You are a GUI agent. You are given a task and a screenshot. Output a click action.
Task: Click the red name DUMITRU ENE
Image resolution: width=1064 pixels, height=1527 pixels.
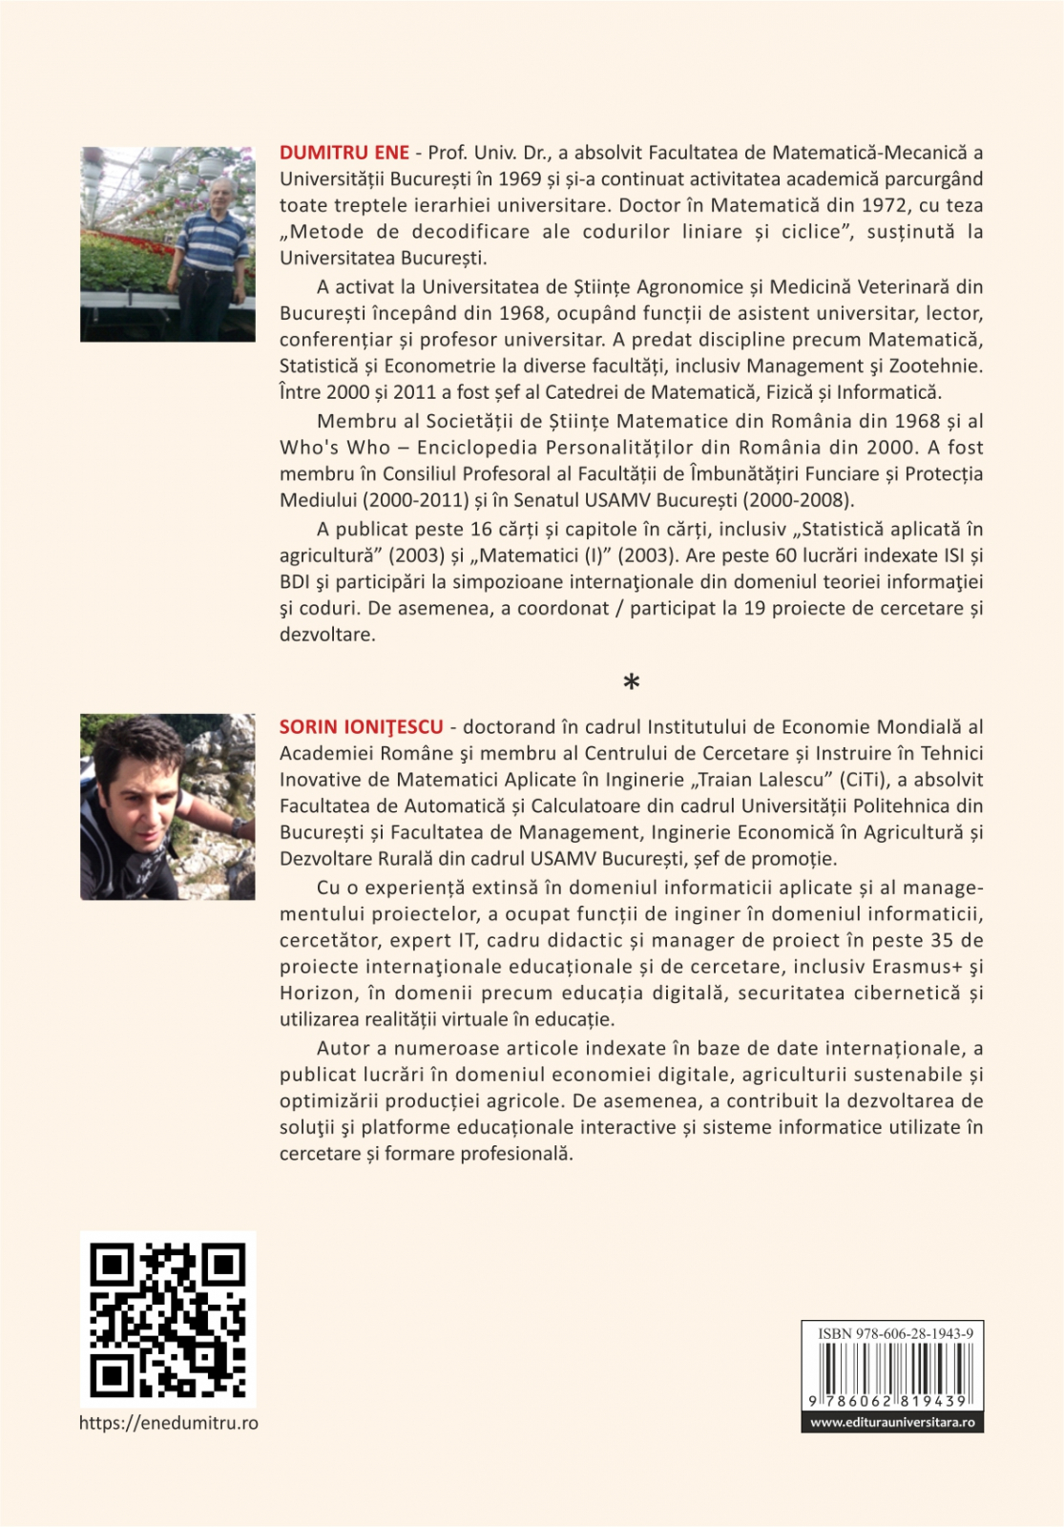coord(344,153)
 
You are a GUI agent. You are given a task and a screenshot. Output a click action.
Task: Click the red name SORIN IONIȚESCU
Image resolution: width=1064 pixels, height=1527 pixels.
coord(361,727)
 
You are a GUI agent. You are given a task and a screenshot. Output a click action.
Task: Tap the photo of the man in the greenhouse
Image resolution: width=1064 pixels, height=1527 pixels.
coord(168,244)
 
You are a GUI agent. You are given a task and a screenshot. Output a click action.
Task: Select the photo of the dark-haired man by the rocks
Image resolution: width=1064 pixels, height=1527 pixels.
coord(168,806)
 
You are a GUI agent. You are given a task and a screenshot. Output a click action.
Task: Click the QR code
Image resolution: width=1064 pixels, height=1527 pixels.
coord(168,1319)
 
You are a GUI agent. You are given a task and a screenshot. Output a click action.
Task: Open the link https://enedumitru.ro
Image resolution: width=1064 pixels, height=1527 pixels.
coord(168,1423)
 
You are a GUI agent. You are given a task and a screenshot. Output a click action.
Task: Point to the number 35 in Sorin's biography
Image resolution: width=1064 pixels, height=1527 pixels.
coord(942,940)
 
